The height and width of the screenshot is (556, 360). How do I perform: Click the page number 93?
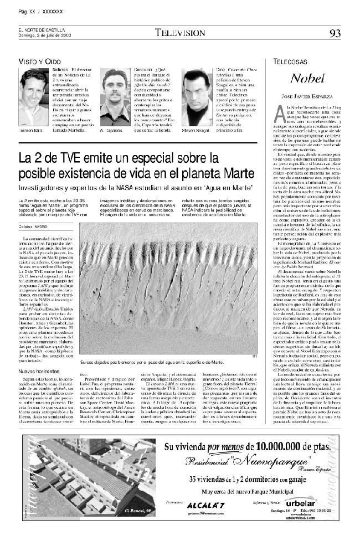(335, 33)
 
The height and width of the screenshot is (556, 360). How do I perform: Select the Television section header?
(179, 33)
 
